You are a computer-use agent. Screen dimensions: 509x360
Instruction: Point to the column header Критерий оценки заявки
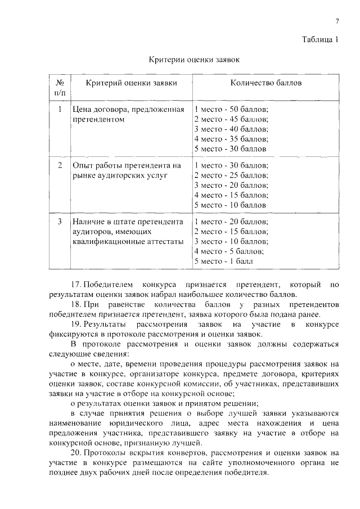pos(131,83)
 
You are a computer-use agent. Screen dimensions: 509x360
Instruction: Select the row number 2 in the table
pos(60,165)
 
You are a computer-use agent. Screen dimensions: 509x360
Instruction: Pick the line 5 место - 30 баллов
pos(229,149)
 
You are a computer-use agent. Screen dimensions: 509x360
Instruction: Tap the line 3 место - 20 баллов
pos(231,185)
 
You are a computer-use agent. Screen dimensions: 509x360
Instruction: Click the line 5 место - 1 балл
pos(223,262)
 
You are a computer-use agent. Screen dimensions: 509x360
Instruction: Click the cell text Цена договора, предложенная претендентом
pos(128,114)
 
